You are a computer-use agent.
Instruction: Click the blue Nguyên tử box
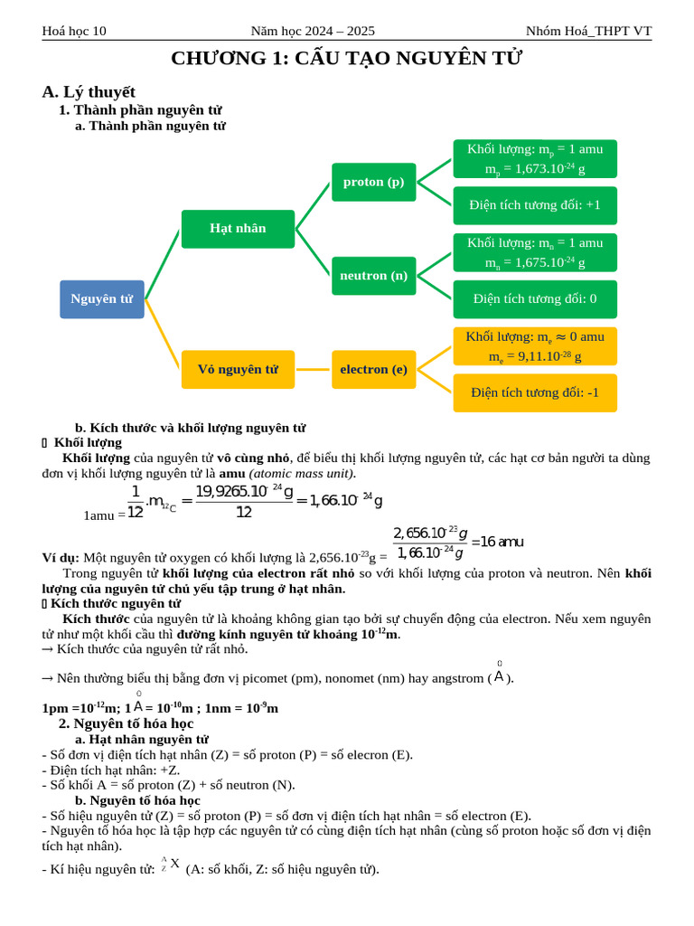[102, 299]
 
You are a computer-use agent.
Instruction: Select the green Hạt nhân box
[238, 229]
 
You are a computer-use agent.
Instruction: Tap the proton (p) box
[373, 182]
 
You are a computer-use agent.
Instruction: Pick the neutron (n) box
[373, 276]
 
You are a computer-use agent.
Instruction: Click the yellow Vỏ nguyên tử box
[238, 370]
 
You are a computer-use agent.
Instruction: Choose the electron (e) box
[373, 370]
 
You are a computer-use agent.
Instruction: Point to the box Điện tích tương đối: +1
[535, 205]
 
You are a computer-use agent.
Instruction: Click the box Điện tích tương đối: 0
[535, 298]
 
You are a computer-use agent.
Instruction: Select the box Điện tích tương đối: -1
[535, 392]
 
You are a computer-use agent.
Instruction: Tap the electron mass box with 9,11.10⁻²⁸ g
[535, 346]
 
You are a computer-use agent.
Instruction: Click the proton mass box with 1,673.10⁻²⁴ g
[535, 159]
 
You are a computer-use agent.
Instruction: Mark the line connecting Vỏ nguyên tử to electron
[313, 370]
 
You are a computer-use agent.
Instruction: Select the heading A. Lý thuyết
[89, 91]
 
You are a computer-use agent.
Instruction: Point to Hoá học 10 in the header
[74, 31]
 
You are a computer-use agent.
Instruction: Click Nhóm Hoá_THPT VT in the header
[588, 31]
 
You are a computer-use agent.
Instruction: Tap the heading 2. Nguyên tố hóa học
[127, 724]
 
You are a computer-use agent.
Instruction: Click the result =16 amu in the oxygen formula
[497, 543]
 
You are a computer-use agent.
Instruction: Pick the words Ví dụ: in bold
[61, 558]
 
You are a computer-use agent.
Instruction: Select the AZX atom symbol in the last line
[171, 865]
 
